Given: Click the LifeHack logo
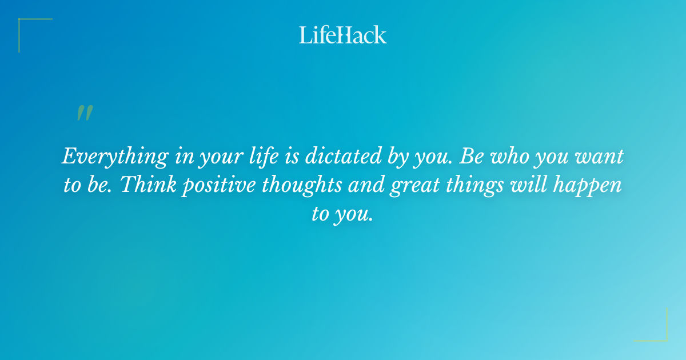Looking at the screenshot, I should [x=343, y=35].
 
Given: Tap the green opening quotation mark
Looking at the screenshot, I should [x=85, y=113].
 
